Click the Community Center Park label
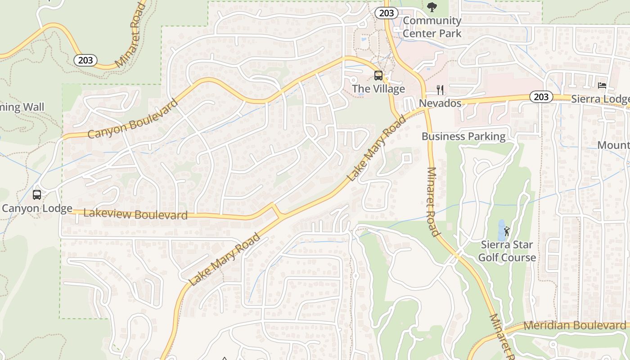pyautogui.click(x=432, y=27)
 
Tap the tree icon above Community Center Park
pyautogui.click(x=432, y=7)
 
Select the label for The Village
pyautogui.click(x=378, y=89)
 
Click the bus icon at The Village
pyautogui.click(x=378, y=76)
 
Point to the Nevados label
pyautogui.click(x=440, y=103)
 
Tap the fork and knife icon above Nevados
pyautogui.click(x=440, y=90)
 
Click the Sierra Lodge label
pyautogui.click(x=600, y=99)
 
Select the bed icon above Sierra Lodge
pyautogui.click(x=602, y=85)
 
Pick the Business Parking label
pyautogui.click(x=463, y=136)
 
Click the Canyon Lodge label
pyautogui.click(x=37, y=208)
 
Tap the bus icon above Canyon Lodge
pyautogui.click(x=37, y=195)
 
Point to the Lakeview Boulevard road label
pyautogui.click(x=135, y=214)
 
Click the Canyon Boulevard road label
pyautogui.click(x=133, y=119)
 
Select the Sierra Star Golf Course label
pyautogui.click(x=507, y=251)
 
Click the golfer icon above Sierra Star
pyautogui.click(x=507, y=231)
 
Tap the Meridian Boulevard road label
pyautogui.click(x=575, y=325)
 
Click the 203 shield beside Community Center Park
pyautogui.click(x=386, y=13)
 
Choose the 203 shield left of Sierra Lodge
pyautogui.click(x=541, y=97)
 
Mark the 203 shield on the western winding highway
pyautogui.click(x=85, y=60)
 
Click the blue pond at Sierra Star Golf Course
pyautogui.click(x=501, y=230)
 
